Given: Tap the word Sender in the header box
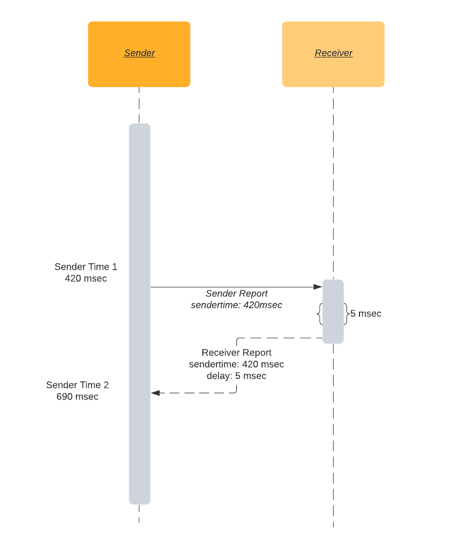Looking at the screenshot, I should [139, 53].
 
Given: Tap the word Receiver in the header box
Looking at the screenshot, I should [334, 53].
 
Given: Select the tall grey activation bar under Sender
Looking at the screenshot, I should [139, 215].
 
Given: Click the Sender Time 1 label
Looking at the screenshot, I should [86, 267].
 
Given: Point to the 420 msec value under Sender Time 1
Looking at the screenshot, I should [86, 278].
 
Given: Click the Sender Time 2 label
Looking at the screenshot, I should [77, 385].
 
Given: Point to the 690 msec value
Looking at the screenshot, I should [77, 397].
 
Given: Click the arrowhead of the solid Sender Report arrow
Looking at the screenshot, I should [318, 287].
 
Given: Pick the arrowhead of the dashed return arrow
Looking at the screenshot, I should [156, 393].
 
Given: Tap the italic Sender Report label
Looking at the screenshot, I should [236, 294].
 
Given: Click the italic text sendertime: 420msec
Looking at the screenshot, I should [236, 305].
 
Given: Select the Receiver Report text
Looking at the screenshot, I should [236, 353].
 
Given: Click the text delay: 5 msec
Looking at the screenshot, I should [236, 376].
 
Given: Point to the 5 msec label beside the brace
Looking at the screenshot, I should [366, 314].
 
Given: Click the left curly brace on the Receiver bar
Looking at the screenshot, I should [320, 314].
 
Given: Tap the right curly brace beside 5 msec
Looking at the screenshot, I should [346, 314].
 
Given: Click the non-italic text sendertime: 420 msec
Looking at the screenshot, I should [236, 364].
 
